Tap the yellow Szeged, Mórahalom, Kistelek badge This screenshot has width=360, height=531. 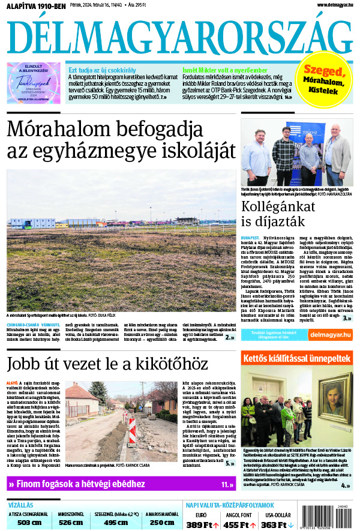pos(327,80)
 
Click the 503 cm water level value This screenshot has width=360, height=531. pos(29,523)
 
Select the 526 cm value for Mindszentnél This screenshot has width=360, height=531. pos(71,523)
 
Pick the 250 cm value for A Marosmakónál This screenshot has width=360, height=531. pos(161,523)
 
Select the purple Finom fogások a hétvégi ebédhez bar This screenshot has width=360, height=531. pos(120,484)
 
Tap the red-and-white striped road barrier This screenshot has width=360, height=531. pos(132,430)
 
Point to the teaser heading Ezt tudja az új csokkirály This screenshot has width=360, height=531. pos(102,70)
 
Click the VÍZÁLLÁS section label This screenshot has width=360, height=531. pos(21,505)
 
